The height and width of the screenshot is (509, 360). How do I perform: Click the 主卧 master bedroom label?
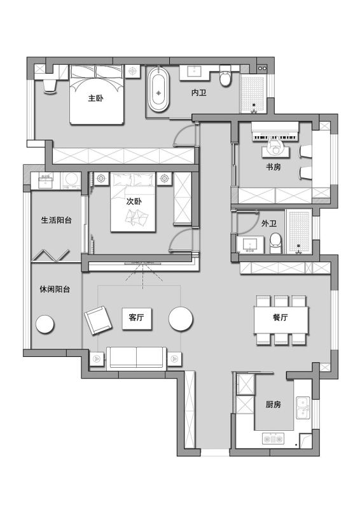[96, 98]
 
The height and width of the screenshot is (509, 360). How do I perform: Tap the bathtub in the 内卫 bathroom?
[158, 90]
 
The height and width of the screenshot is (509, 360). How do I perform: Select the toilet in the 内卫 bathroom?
[225, 76]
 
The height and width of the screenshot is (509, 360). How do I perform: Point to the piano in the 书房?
[275, 132]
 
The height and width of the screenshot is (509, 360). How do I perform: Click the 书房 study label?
[273, 167]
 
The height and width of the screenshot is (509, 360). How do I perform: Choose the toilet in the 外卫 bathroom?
[275, 243]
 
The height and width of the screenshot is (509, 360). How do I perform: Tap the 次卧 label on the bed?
[134, 201]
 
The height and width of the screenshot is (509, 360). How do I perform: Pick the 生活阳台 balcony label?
[56, 220]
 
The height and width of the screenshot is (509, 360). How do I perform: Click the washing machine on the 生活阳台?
[71, 180]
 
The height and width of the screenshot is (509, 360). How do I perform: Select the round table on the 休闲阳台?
[45, 324]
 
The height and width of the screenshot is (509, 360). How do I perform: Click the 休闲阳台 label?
[55, 289]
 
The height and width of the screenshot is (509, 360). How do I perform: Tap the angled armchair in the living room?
[98, 320]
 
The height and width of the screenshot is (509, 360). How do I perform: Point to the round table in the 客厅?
[181, 319]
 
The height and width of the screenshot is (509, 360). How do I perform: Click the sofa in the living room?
[136, 358]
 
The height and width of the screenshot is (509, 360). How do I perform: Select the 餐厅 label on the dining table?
[280, 317]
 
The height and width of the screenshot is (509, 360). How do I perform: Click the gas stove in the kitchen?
[273, 438]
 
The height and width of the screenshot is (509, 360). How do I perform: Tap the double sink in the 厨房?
[303, 407]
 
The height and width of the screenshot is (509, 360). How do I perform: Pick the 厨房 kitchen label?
[273, 404]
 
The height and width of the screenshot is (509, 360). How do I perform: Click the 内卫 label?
[199, 92]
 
